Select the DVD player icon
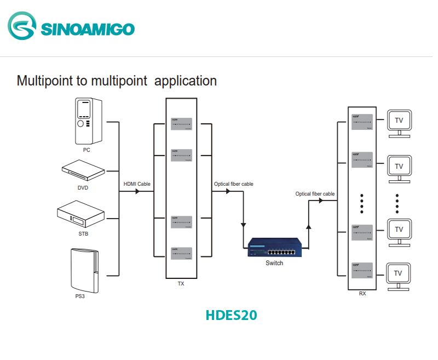(83, 170)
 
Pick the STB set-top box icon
(80, 216)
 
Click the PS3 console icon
(84, 270)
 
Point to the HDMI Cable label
(137, 184)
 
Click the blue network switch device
(274, 247)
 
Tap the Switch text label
(274, 263)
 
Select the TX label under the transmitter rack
(181, 284)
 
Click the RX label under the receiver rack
(362, 294)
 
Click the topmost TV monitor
(399, 123)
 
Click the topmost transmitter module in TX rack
(181, 124)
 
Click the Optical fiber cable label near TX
(234, 184)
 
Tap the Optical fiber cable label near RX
(315, 194)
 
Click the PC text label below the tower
(87, 150)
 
